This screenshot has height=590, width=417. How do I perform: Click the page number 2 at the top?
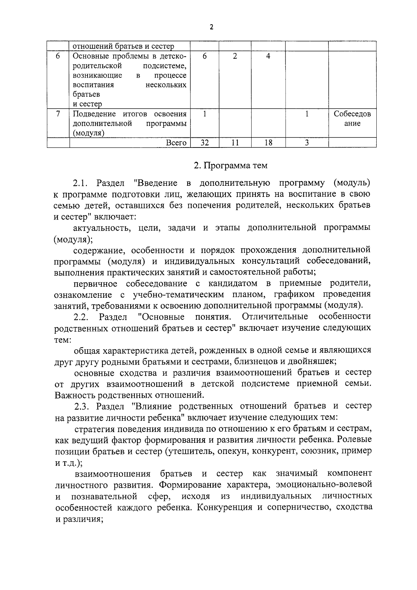click(211, 27)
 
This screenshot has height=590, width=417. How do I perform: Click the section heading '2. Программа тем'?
click(230, 166)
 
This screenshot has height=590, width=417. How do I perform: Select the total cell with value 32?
click(204, 143)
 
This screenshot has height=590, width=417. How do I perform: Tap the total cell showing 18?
click(268, 143)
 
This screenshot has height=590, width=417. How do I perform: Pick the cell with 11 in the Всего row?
click(235, 143)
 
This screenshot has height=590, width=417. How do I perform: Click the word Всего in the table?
click(176, 143)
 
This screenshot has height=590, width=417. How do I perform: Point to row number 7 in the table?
click(58, 114)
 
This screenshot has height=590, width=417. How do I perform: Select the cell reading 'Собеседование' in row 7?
click(352, 119)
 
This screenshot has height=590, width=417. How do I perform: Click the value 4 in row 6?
click(268, 56)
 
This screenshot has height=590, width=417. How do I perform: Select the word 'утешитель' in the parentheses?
click(191, 451)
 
